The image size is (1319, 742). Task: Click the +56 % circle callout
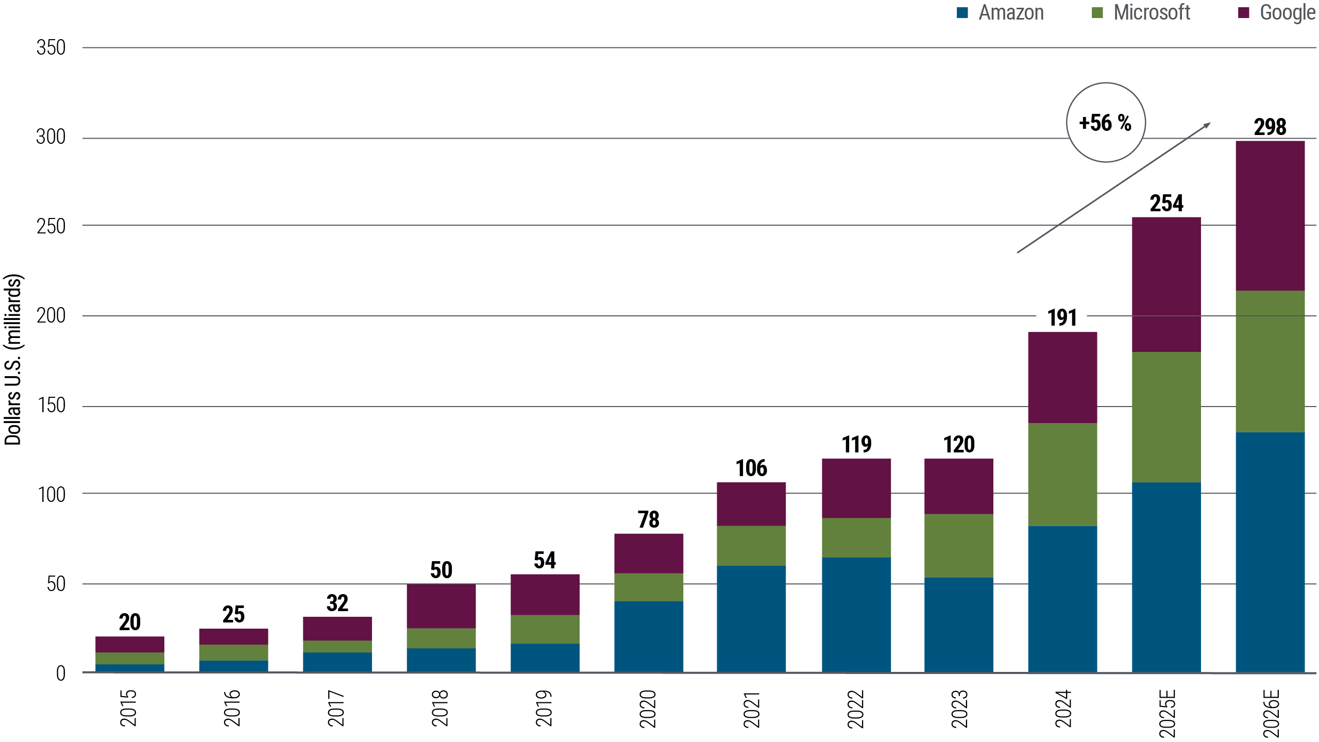tap(1106, 123)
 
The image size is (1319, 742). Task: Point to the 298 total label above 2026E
tap(1270, 127)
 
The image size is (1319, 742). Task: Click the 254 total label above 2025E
tap(1166, 204)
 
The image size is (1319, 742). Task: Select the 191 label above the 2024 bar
tap(1062, 318)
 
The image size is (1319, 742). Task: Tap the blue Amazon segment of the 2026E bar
tap(1270, 551)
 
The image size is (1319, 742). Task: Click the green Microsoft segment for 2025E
tap(1166, 417)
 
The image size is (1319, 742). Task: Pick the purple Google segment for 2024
tap(1062, 377)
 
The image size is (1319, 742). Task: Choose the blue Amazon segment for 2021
tap(751, 618)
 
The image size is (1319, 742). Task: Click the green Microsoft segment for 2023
tap(958, 545)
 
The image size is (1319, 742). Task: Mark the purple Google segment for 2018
tap(441, 606)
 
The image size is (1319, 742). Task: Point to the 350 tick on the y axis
tap(51, 48)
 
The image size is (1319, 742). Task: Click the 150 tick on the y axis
tap(51, 406)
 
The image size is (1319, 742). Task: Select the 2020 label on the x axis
tap(648, 709)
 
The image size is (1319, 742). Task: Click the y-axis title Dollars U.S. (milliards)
tap(13, 360)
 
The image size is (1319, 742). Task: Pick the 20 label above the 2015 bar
tap(129, 622)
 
